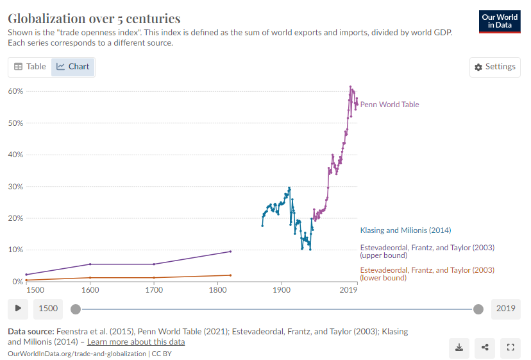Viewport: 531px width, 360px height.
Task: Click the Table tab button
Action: pos(30,67)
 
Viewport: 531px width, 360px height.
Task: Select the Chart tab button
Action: pos(72,67)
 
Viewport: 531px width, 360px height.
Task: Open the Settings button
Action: pos(494,67)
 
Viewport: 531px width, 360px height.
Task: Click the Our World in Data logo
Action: pos(500,21)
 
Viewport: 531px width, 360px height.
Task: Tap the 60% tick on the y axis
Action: pos(15,91)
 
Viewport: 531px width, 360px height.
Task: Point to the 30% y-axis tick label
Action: pos(15,187)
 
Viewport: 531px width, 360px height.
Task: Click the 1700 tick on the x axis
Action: pos(154,291)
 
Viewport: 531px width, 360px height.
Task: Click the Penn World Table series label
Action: pos(389,105)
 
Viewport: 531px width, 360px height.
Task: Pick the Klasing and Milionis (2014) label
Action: pos(405,230)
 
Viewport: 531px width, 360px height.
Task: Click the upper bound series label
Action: pos(427,251)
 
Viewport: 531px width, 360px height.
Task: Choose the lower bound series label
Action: pos(427,273)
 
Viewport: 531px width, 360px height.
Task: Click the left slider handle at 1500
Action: pos(76,309)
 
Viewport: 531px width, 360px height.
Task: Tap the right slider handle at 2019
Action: pos(478,309)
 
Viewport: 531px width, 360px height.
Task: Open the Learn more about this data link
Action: pos(136,342)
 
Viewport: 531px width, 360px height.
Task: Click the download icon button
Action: pos(459,347)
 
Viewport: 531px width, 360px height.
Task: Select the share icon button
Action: pos(485,347)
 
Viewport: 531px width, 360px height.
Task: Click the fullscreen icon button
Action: pos(510,347)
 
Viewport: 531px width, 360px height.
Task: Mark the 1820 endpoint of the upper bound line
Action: pos(230,252)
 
